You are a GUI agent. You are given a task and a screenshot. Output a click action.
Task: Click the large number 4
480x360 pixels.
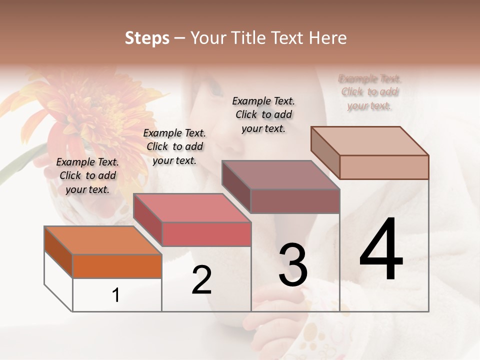pyautogui.click(x=381, y=249)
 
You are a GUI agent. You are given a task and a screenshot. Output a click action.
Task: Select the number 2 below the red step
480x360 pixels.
pyautogui.click(x=202, y=279)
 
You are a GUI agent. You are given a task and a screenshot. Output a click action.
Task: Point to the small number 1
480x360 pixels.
pyautogui.click(x=116, y=295)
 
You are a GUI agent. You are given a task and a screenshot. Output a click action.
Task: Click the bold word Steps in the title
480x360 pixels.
pyautogui.click(x=147, y=38)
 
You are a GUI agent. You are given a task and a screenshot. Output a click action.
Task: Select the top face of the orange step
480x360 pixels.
pyautogui.click(x=102, y=240)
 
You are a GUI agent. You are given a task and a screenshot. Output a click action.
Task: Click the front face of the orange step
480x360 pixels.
pyautogui.click(x=117, y=266)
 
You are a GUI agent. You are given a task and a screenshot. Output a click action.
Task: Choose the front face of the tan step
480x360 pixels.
pyautogui.click(x=384, y=167)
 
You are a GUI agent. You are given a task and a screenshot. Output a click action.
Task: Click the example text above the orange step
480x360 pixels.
pyautogui.click(x=87, y=175)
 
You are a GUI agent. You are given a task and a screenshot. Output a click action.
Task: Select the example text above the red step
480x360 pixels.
pyautogui.click(x=174, y=146)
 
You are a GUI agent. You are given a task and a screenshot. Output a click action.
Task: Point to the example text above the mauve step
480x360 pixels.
pyautogui.click(x=264, y=114)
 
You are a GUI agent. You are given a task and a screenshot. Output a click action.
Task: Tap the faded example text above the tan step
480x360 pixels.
pyautogui.click(x=369, y=92)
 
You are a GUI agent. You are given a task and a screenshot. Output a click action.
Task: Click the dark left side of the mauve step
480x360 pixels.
pyautogui.click(x=236, y=187)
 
